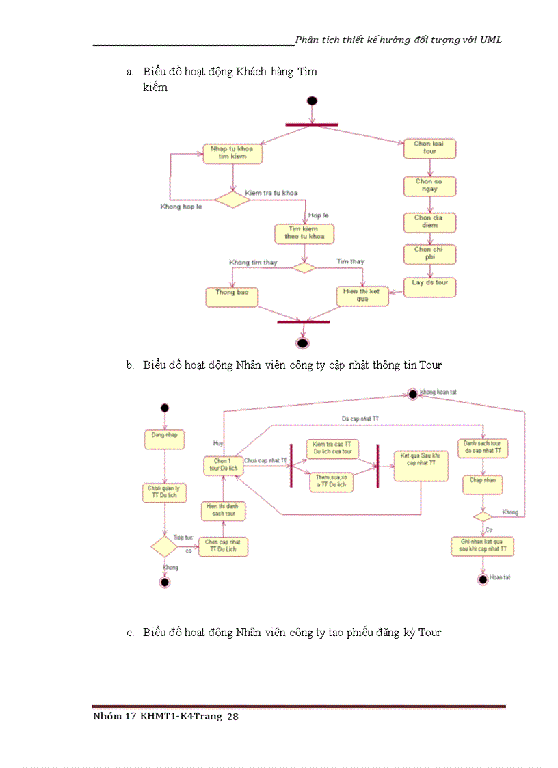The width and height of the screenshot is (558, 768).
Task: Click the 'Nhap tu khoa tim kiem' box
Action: (232, 153)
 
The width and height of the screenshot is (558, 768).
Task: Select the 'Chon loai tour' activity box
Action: (429, 148)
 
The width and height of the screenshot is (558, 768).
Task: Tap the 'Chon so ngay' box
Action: (429, 185)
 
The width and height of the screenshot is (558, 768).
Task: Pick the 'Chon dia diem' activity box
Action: (429, 222)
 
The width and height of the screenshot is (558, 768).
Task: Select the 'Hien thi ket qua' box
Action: (362, 295)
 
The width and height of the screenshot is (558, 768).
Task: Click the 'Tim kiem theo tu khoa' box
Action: (304, 234)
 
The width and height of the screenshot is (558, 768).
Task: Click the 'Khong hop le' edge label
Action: (181, 207)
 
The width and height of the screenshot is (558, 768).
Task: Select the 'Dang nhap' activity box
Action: (164, 438)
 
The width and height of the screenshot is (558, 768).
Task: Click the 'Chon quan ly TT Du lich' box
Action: (164, 492)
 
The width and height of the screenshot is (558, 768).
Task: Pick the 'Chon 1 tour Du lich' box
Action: (222, 465)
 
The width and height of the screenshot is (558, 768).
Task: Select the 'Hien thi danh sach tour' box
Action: (222, 510)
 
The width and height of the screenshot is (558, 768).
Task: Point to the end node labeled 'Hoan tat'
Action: (483, 579)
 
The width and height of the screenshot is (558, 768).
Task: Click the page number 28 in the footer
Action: (232, 717)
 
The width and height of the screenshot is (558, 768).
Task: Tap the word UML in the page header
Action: (491, 40)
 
